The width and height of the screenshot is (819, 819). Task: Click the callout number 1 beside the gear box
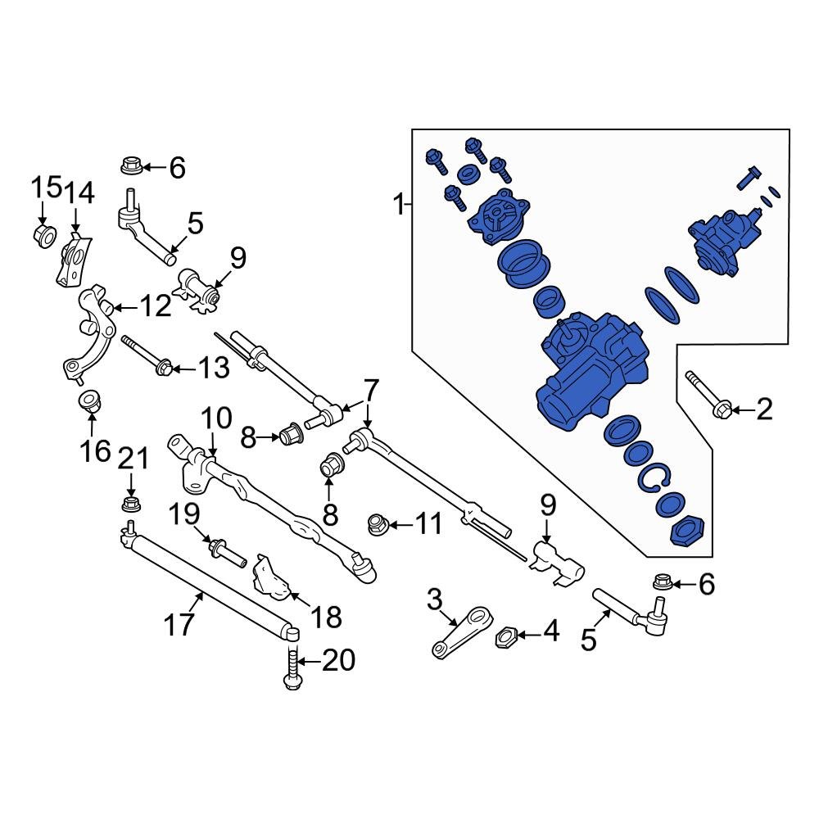[399, 204]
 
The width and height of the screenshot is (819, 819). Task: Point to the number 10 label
[216, 420]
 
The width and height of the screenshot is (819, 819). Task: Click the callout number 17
[179, 624]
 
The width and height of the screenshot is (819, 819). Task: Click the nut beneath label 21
[129, 503]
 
